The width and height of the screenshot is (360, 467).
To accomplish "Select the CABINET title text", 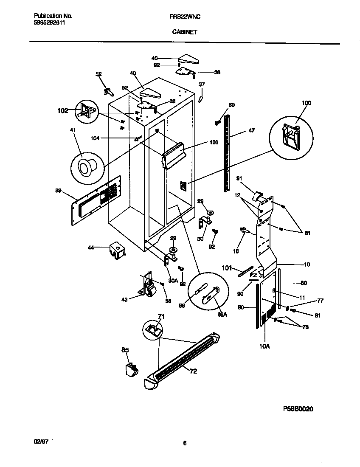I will point(184,31).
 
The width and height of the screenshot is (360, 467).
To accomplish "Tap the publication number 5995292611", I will point(49,23).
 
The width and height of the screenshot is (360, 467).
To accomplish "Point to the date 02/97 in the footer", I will point(41,442).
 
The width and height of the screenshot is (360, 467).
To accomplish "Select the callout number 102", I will point(63,111).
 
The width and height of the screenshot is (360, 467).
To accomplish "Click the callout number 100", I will point(306,103).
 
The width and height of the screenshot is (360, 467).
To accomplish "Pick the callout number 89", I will point(58,191).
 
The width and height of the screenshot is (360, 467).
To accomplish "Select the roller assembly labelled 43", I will point(148,285).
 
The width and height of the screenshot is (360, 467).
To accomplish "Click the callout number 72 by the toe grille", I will point(193,371).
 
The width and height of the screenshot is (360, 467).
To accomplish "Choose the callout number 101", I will point(228,267).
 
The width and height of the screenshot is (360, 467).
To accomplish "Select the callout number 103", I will point(214,143).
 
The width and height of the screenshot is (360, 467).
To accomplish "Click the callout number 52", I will point(98,74).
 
